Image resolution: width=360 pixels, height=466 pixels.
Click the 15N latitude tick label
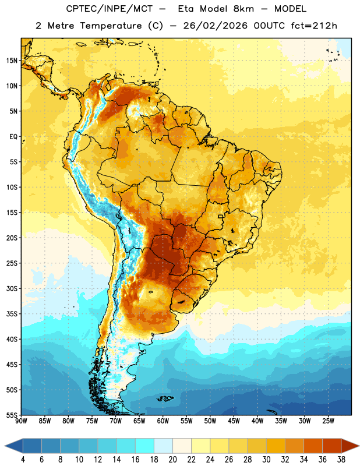click(x=12, y=61)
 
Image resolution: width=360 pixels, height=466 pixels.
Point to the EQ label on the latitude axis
click(x=13, y=137)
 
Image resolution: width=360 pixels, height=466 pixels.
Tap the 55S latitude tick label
click(x=12, y=415)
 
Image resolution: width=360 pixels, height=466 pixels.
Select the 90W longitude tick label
click(x=21, y=421)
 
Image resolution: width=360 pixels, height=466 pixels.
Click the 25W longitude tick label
click(x=328, y=421)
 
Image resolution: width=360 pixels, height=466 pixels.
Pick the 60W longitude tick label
click(x=163, y=421)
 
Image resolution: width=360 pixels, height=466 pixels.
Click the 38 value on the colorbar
click(x=341, y=460)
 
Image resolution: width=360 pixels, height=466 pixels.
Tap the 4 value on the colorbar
click(x=23, y=460)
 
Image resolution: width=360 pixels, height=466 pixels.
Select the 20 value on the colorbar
click(x=172, y=460)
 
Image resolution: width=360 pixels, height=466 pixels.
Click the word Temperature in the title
click(x=111, y=26)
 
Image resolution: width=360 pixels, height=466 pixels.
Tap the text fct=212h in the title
click(x=314, y=26)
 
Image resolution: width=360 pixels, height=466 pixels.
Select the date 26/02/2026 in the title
click(x=215, y=26)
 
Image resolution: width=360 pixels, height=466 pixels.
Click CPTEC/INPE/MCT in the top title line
click(x=110, y=9)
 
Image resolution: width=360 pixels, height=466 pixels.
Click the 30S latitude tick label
click(x=12, y=289)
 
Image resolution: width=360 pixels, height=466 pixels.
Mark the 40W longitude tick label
click(x=257, y=421)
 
